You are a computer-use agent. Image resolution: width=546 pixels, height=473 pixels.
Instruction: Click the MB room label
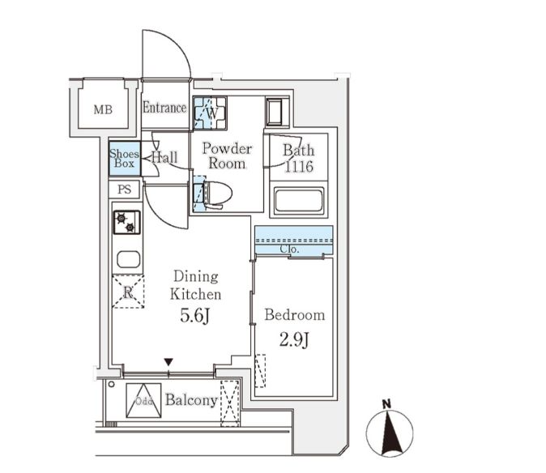pos(103,109)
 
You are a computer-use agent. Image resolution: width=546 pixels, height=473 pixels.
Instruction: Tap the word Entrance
pos(164,108)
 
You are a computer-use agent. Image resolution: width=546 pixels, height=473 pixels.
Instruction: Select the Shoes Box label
pos(124,159)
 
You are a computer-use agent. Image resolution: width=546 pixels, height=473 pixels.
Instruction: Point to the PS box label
pos(124,190)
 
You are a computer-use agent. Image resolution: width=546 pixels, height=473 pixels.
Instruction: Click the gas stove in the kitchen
pos(126,222)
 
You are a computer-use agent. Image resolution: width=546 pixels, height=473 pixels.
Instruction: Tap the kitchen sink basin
pos(129,259)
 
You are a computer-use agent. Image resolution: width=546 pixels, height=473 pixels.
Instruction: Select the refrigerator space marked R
pos(128,292)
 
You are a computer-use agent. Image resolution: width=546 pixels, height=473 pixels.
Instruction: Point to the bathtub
pos(299,201)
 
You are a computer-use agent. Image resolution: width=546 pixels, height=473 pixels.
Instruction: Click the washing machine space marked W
pos(211,113)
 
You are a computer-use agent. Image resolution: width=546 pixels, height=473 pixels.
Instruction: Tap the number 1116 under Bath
pos(299,167)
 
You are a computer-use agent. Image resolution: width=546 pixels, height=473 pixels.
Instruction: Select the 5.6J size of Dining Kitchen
pos(195,316)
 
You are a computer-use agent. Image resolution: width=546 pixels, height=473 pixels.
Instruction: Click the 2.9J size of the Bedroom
pos(294,339)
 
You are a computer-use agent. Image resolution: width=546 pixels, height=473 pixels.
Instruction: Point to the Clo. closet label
pos(289,249)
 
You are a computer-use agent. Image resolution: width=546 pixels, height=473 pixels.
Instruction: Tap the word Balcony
pos(191,400)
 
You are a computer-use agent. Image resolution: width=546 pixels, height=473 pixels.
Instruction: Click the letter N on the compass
pos(386,404)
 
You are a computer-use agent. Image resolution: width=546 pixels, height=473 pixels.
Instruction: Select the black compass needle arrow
pos(390,433)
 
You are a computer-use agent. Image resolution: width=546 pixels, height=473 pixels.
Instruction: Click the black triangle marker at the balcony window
pos(168,362)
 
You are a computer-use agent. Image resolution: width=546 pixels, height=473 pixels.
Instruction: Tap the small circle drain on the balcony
pos(112,384)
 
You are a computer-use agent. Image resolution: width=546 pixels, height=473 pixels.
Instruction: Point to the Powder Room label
pos(227,156)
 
